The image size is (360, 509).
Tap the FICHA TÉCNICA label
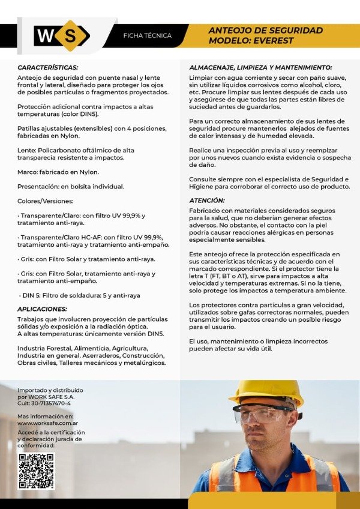pyautogui.click(x=147, y=36)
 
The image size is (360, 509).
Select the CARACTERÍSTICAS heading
pyautogui.click(x=48, y=68)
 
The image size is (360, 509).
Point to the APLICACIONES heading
pyautogui.click(x=42, y=309)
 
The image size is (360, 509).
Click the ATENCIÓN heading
pyautogui.click(x=207, y=200)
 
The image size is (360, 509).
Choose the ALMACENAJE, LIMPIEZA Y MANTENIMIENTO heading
pyautogui.click(x=260, y=68)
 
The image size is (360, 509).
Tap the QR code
pyautogui.click(x=36, y=472)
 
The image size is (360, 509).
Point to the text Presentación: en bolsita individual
pyautogui.click(x=71, y=187)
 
